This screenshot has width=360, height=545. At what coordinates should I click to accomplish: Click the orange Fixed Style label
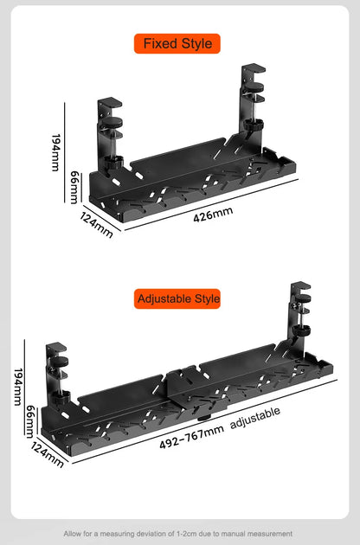177,43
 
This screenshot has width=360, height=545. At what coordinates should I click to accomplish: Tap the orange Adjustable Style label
177,298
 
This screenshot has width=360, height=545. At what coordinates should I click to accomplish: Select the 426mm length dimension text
213,214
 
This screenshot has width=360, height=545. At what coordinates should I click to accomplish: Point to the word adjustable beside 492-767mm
255,417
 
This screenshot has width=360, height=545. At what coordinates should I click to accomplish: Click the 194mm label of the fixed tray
55,152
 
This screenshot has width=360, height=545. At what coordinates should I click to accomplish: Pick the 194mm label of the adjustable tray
17,387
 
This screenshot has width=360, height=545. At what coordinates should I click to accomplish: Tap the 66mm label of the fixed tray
74,188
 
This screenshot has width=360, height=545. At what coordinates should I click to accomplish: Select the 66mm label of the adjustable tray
30,421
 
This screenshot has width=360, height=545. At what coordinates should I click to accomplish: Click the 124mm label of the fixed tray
96,225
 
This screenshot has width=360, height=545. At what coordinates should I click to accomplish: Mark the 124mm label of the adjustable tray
48,455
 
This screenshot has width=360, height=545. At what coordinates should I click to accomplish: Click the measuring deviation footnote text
177,533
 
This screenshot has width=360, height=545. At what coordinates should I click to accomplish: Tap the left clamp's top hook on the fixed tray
110,103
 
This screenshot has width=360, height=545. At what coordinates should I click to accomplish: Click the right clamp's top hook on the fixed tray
254,68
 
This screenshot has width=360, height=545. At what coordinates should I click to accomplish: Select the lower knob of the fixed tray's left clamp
113,162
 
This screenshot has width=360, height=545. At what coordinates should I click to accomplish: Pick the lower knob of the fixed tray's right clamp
254,125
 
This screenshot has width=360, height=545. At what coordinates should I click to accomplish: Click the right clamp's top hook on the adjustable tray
300,286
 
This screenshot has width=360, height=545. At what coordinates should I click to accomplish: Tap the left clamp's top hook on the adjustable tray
56,347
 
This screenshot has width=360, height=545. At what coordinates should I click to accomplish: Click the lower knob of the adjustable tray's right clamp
301,330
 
